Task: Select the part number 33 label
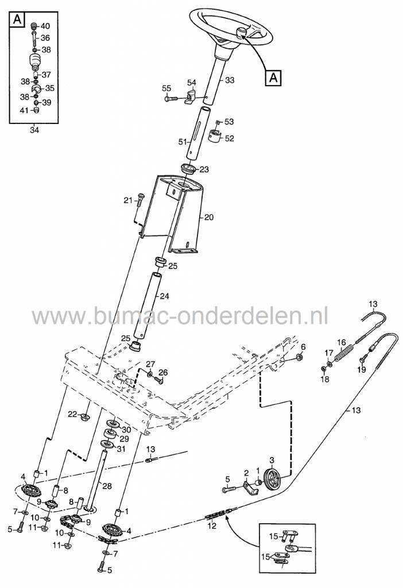[230, 80]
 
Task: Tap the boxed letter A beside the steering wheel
[273, 76]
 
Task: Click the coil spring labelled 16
[343, 351]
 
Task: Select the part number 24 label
[165, 297]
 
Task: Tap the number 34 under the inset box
[34, 130]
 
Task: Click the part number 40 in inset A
[45, 26]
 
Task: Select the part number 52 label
[230, 138]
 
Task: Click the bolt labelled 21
[139, 199]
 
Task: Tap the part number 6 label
[304, 346]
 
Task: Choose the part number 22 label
[72, 414]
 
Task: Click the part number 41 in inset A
[24, 111]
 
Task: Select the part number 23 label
[204, 169]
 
